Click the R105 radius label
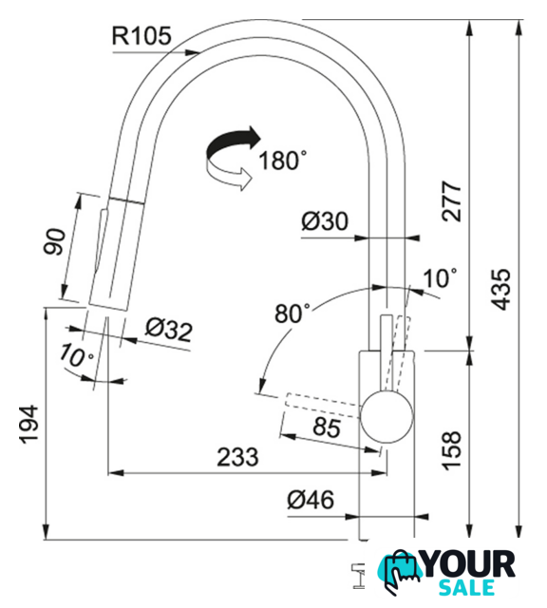tap(141, 36)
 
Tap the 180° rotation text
tap(283, 160)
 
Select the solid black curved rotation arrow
tap(233, 142)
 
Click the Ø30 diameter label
tap(325, 221)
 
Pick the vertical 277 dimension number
tap(452, 200)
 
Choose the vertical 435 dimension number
tap(500, 290)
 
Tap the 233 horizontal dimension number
tap(237, 456)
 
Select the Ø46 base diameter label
tap(311, 500)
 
